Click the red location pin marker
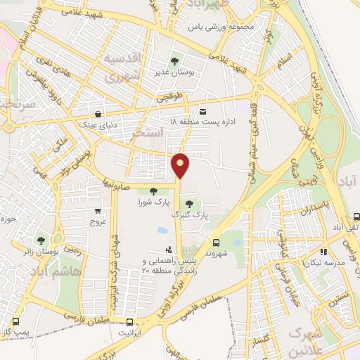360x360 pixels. click(x=181, y=166)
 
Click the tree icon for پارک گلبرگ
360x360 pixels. click(x=189, y=203)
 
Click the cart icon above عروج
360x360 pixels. click(x=97, y=211)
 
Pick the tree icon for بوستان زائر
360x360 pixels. click(x=39, y=240)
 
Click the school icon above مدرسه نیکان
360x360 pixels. click(x=323, y=252)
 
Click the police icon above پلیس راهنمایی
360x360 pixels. click(x=169, y=249)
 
